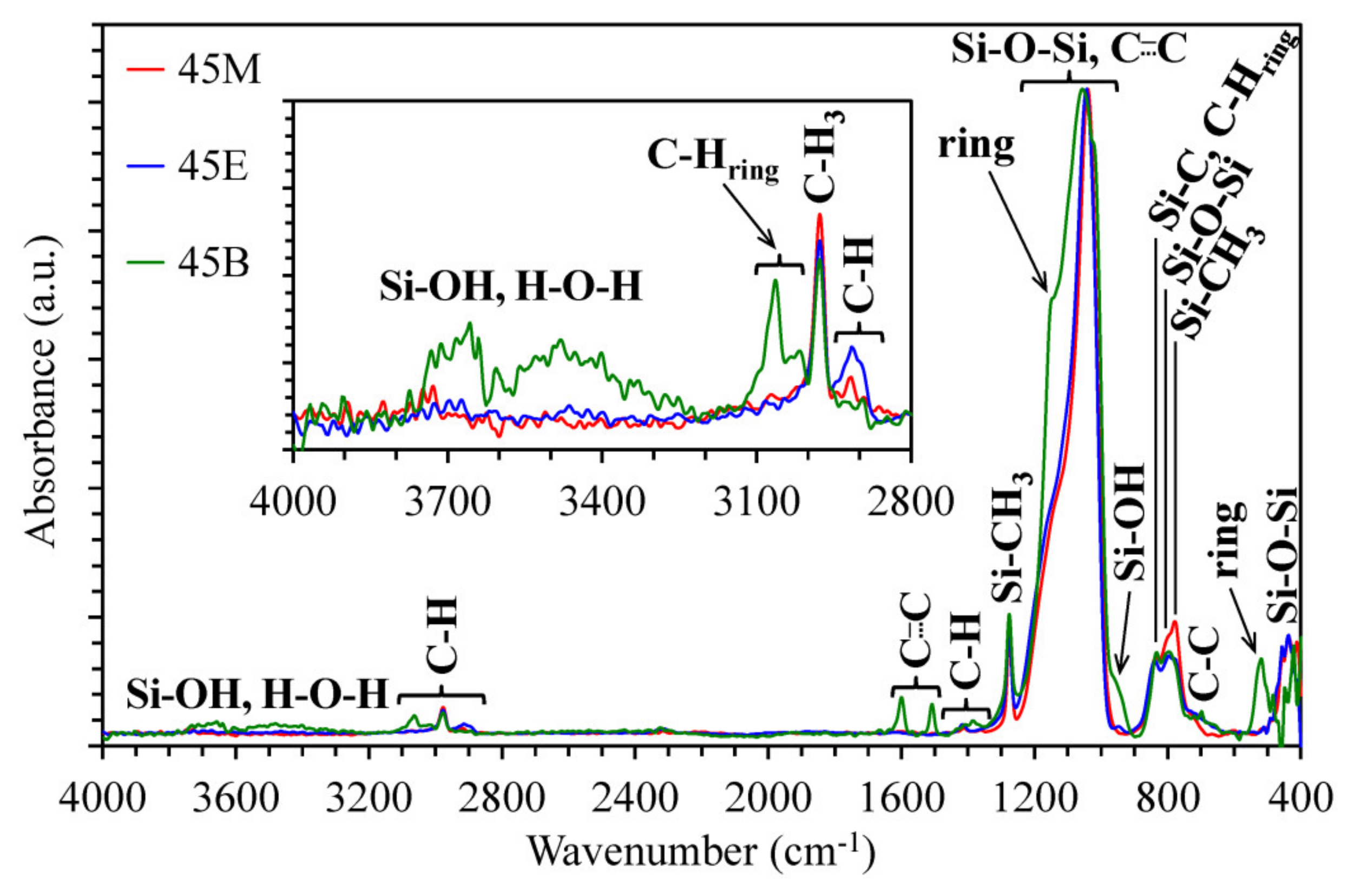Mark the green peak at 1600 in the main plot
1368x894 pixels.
click(x=902, y=715)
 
